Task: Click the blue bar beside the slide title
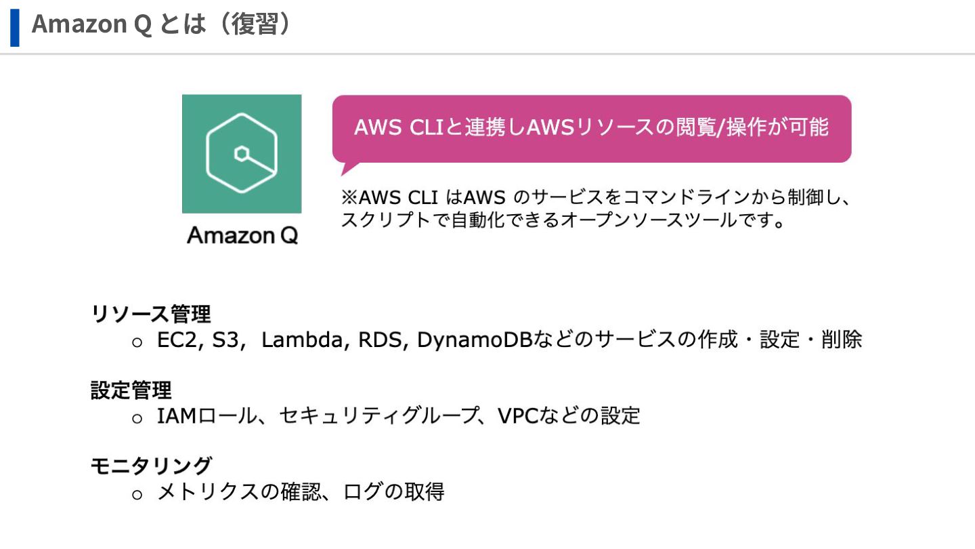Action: tap(14, 27)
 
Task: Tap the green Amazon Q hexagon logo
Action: tap(242, 154)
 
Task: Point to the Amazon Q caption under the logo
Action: tap(242, 236)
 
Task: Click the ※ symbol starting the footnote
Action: tap(349, 198)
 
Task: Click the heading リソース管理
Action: tap(151, 314)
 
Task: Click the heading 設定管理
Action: tap(131, 390)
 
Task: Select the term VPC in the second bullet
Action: tap(517, 416)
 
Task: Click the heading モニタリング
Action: tap(151, 466)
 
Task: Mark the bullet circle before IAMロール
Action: tap(137, 418)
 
